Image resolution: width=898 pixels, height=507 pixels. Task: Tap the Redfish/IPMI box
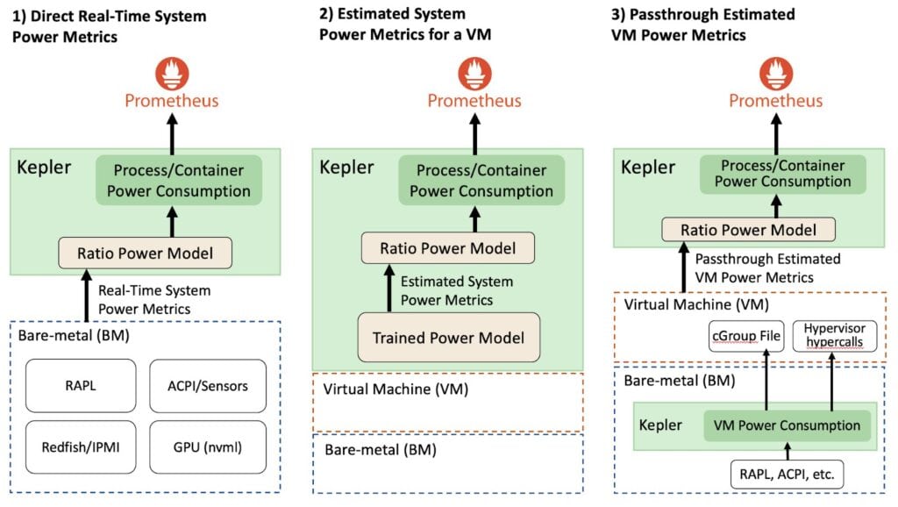click(81, 446)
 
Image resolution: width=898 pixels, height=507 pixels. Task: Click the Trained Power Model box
click(449, 338)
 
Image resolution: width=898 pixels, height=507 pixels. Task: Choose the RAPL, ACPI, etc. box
click(787, 475)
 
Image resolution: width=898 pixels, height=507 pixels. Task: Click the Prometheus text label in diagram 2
click(474, 101)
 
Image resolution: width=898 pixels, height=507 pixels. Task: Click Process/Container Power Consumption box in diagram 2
click(481, 179)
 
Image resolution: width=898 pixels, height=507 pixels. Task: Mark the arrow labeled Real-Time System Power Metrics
click(87, 296)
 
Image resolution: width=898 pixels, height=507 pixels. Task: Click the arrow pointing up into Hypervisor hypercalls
click(832, 381)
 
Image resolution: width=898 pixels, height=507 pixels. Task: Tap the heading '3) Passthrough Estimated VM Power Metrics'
click(702, 25)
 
